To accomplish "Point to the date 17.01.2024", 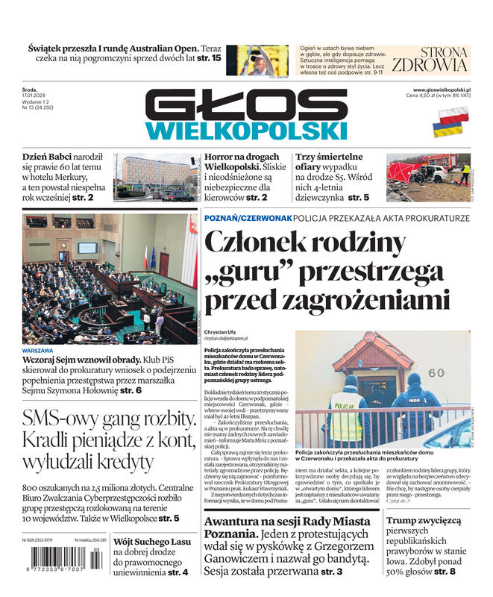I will point(34,95).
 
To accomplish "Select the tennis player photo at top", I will point(257,60).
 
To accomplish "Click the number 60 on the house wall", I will point(436,372).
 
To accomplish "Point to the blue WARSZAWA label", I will point(37,350).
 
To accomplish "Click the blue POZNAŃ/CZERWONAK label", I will point(247,218).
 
